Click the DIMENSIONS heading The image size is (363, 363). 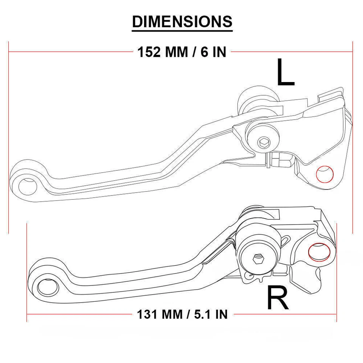coord(182,22)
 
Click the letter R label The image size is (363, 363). coord(278,298)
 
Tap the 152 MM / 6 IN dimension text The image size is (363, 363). coord(181,52)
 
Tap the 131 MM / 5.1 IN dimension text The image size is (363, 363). coord(181,314)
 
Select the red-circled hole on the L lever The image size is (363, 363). coord(324,174)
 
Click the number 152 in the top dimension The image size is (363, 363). coord(149,52)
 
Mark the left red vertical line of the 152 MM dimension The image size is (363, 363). coord(9,136)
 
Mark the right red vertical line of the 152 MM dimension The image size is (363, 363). coord(352,136)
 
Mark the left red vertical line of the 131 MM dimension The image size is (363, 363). coord(27,272)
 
